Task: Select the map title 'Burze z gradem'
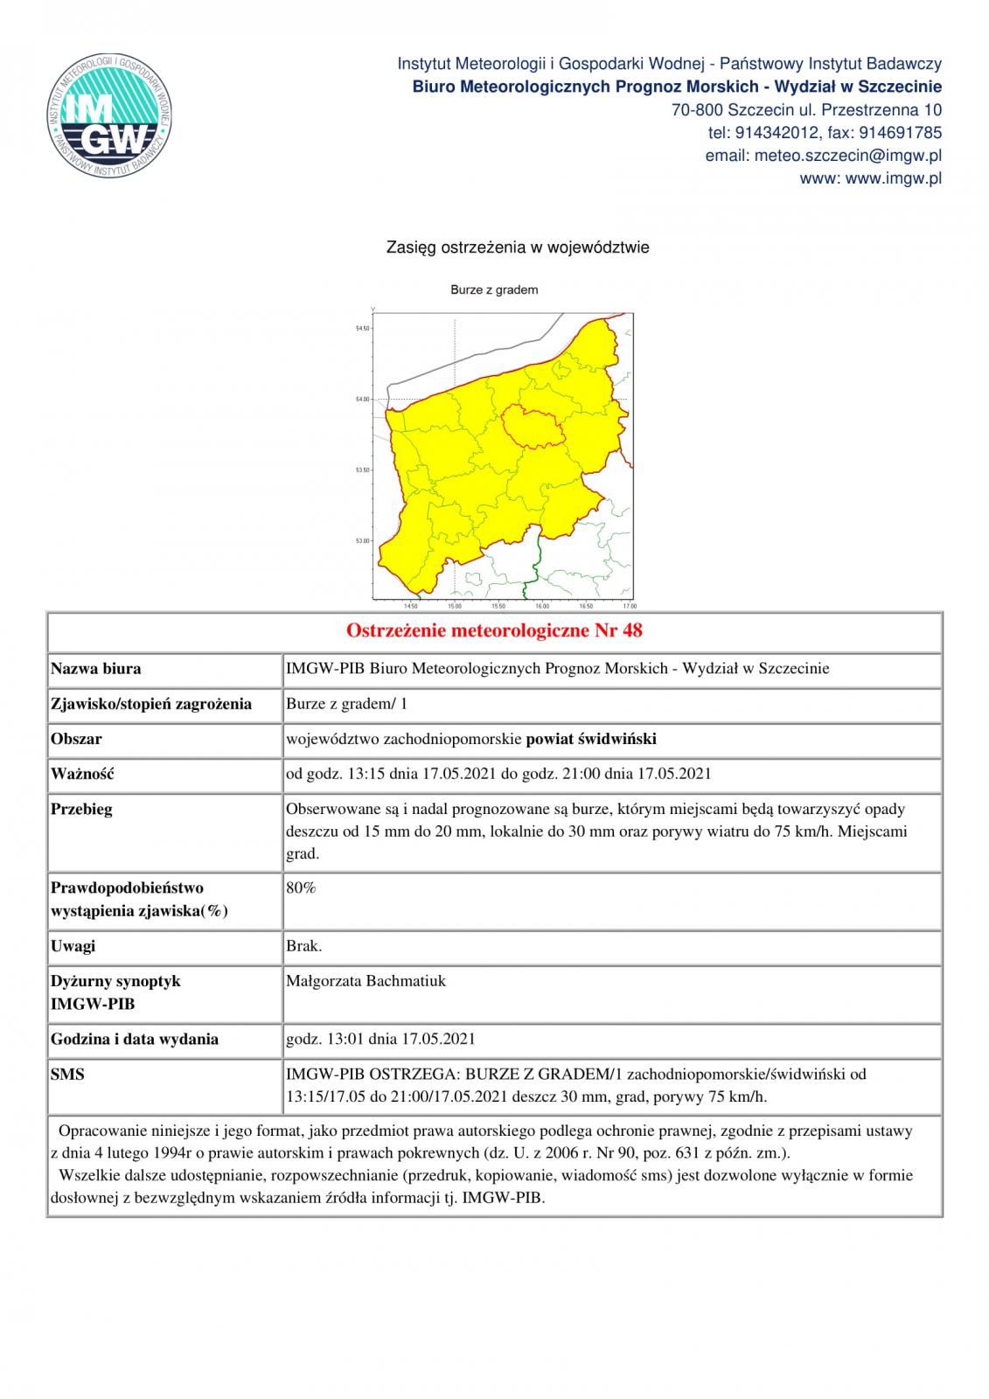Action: click(494, 289)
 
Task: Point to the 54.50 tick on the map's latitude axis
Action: click(362, 329)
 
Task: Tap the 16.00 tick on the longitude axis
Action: click(541, 605)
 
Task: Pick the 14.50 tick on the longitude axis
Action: click(411, 605)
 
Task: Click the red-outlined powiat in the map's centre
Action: click(533, 426)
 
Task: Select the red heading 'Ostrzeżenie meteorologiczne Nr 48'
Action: click(494, 630)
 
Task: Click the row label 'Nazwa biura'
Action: click(95, 669)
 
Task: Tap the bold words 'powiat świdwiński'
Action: click(591, 739)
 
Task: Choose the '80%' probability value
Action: click(301, 887)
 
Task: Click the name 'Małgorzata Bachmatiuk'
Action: click(366, 981)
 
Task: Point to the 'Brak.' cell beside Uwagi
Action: click(303, 946)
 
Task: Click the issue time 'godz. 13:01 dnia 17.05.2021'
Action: click(380, 1039)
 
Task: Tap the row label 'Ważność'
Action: click(82, 774)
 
